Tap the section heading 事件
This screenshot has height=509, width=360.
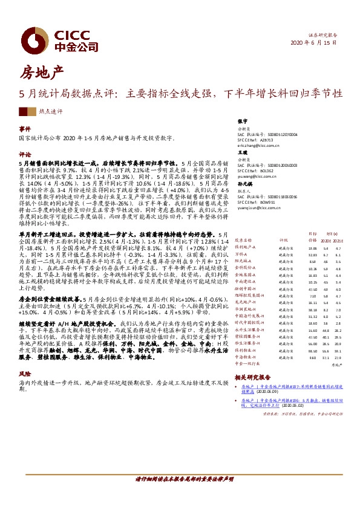click(25, 129)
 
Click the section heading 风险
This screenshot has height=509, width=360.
click(25, 374)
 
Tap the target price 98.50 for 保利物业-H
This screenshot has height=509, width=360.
click(313, 350)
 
